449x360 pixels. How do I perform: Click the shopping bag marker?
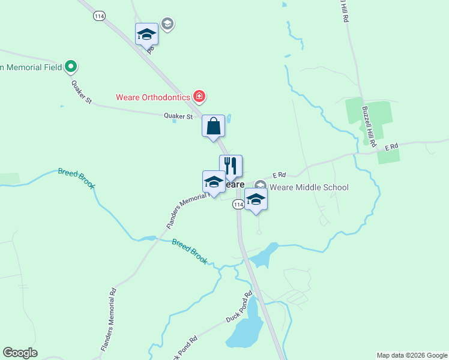(213, 127)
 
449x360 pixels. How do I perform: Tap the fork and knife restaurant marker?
(231, 167)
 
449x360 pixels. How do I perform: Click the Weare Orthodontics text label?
(152, 97)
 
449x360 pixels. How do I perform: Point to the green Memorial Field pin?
(71, 67)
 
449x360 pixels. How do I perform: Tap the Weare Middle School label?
(309, 187)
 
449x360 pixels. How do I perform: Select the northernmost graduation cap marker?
(146, 34)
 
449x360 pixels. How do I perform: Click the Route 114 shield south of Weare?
(238, 205)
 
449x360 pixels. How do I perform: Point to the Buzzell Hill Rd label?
(369, 127)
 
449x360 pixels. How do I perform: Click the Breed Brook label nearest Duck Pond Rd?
(190, 251)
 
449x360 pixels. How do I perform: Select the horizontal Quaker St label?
(178, 116)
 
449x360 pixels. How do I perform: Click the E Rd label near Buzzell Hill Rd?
(391, 146)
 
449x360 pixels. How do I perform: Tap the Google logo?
(20, 353)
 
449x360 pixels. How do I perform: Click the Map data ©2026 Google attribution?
(411, 355)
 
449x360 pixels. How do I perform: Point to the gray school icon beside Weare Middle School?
(260, 186)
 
